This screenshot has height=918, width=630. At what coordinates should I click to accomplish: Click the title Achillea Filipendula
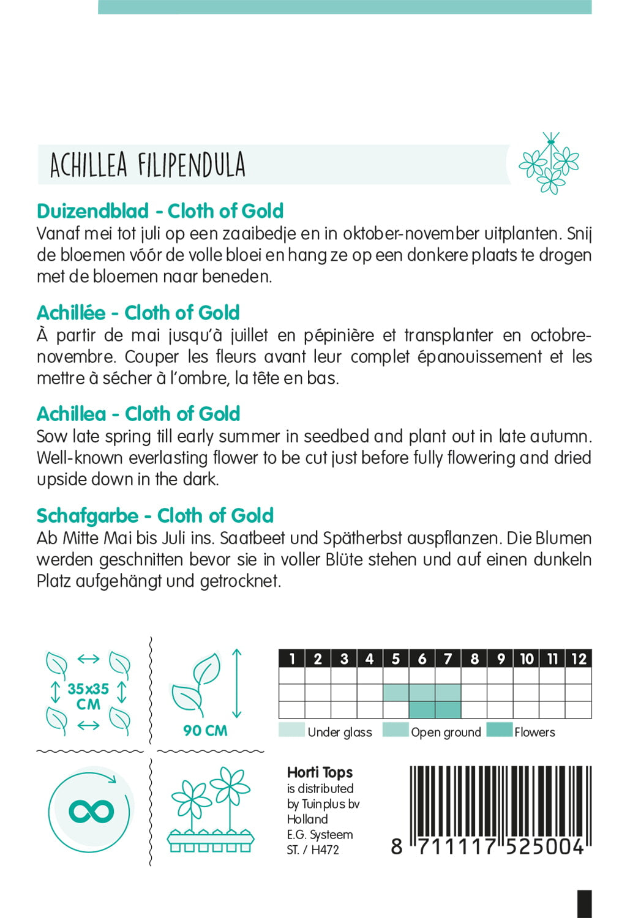pos(148,165)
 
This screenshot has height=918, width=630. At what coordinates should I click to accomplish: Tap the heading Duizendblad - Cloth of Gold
pos(160,211)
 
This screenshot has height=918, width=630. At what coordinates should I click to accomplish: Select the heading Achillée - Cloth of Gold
pos(138,313)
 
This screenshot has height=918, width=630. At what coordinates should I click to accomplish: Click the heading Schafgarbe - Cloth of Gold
pos(155,516)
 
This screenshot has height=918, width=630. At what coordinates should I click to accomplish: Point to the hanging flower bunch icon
pos(549,163)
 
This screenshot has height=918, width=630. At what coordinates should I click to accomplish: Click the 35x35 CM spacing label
pos(88,696)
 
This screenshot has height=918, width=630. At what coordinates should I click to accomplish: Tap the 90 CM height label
pos(205,731)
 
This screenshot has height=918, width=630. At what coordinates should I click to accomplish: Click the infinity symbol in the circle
pos(91,812)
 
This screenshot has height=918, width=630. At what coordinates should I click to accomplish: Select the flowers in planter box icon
pos(211,811)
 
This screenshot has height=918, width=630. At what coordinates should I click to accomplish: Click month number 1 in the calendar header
pos(292,659)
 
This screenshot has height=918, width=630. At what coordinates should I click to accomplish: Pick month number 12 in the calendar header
pos(579,659)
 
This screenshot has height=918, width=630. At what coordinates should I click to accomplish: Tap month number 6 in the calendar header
pos(422,659)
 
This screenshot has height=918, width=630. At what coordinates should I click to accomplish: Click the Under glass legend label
pos(340,733)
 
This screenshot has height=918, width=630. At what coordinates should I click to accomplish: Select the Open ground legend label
pos(446,733)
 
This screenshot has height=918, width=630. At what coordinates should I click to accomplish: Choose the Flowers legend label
pos(534,733)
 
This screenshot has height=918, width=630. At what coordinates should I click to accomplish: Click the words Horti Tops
pos(320,773)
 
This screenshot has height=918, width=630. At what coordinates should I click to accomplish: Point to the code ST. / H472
pos(312,850)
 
